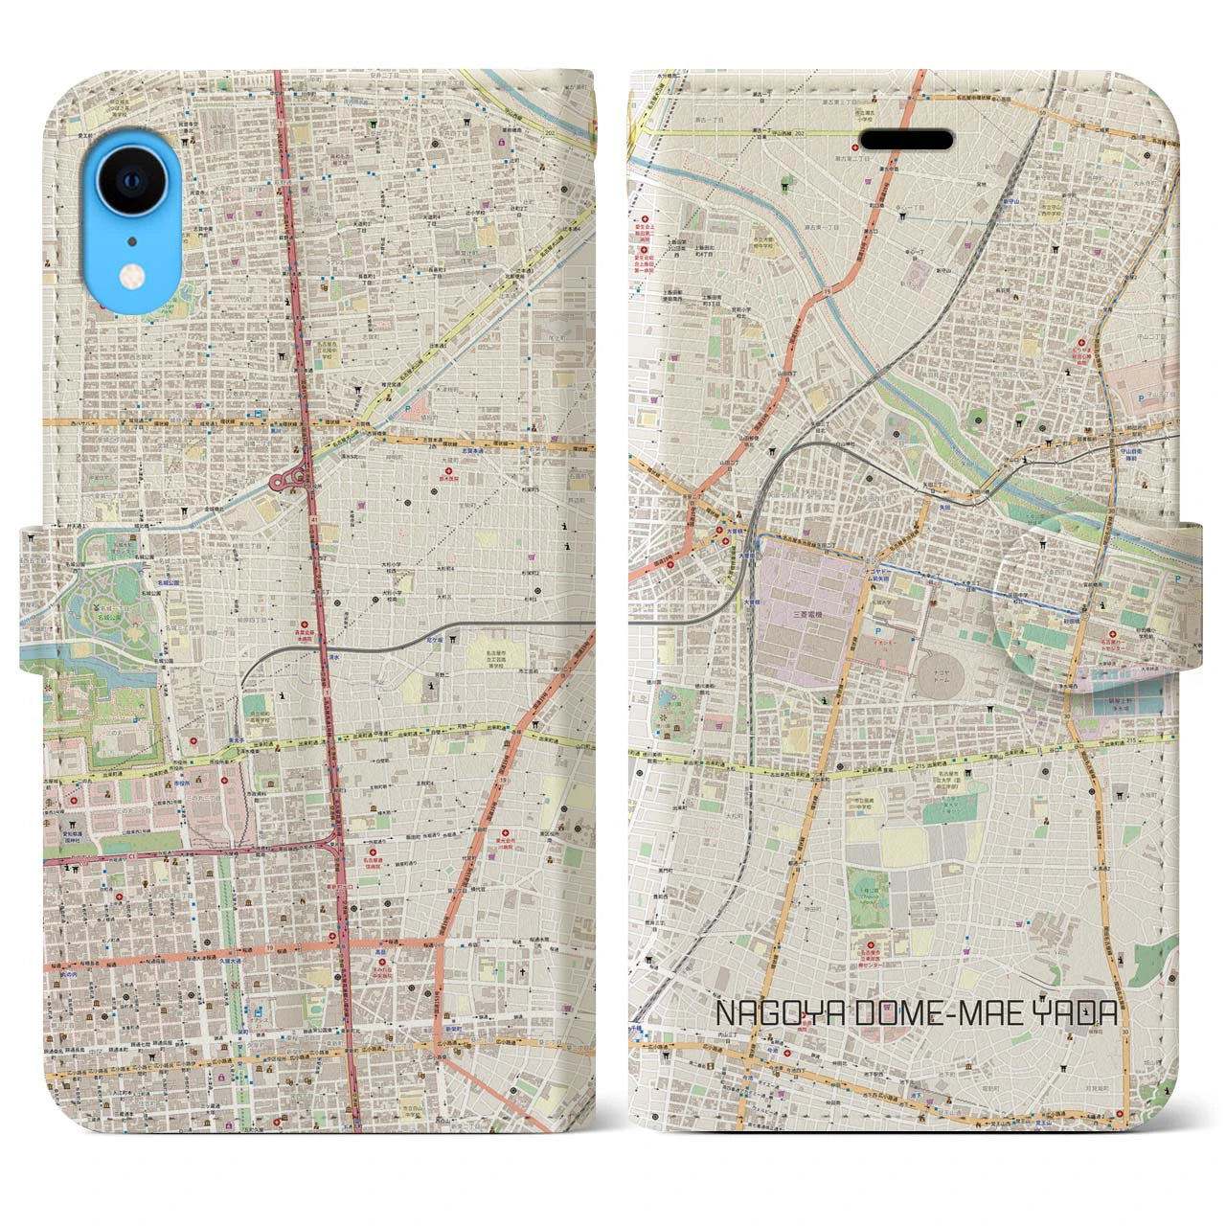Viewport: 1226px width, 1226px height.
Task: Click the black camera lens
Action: pyautogui.click(x=131, y=185)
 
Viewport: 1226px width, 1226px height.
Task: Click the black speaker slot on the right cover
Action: pyautogui.click(x=907, y=140)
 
